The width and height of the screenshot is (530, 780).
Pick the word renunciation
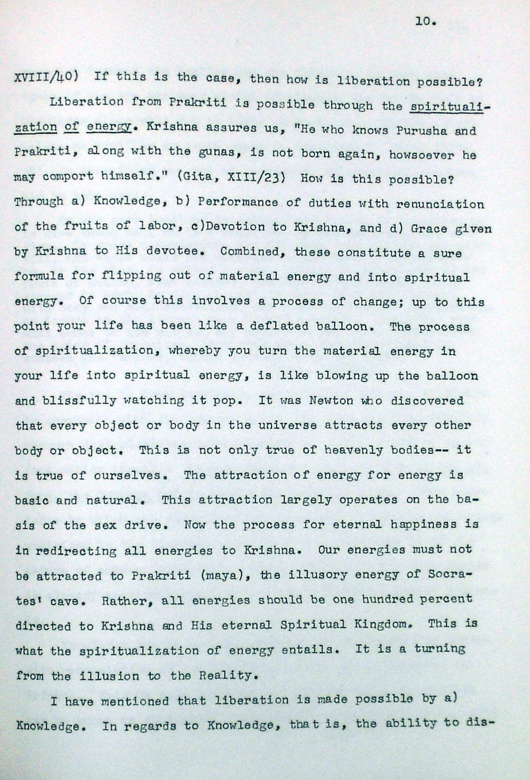439,204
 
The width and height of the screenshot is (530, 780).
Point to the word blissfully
79,400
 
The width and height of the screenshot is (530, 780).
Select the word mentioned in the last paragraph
135,701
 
